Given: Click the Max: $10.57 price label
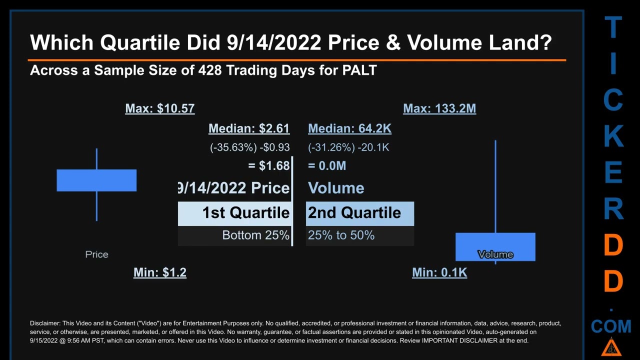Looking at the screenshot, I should point(159,108).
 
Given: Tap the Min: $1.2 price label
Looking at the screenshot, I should point(159,272).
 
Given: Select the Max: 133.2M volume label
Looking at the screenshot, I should point(439,108).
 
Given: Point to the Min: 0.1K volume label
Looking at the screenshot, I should point(439,272).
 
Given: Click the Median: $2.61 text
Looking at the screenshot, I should point(248,128).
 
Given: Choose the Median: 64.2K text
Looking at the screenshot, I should point(349,128).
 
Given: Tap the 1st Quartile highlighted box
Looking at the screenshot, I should point(234,213).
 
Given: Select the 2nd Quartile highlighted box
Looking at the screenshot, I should point(359,213).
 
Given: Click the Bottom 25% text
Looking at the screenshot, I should point(255,235).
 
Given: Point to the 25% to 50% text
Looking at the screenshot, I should point(341,235).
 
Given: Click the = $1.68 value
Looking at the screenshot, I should point(268,166).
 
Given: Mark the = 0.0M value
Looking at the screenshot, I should point(327,166).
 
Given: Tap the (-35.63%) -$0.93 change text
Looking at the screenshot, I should point(249,147).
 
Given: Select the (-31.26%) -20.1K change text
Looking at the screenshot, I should point(348,147).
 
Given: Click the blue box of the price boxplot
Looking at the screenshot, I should point(96,180).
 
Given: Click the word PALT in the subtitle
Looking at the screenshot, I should point(359,70).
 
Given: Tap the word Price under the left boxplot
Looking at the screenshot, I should point(96,254).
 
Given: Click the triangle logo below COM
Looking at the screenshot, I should point(611,347).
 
